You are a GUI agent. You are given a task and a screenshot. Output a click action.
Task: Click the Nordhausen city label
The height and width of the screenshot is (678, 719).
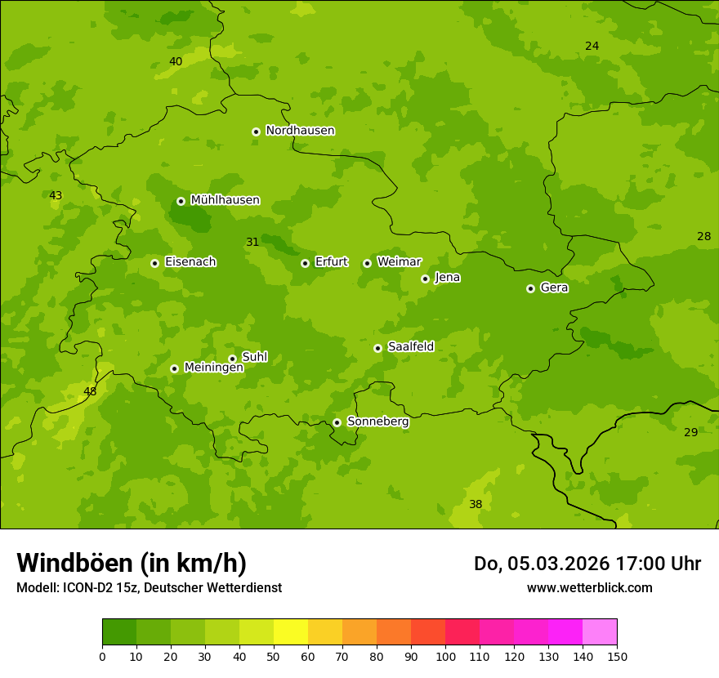300,131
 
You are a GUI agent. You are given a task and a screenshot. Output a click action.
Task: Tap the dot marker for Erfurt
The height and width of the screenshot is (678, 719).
305,263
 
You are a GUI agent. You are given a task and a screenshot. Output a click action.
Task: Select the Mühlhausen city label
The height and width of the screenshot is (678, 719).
225,200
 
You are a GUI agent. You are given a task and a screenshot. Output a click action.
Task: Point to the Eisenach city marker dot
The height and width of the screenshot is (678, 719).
154,263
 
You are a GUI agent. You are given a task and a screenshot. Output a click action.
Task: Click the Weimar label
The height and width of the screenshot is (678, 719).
399,262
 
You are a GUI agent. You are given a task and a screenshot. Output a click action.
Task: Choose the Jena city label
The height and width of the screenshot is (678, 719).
447,278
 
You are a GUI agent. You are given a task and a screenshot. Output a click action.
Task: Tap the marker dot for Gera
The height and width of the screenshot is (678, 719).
530,288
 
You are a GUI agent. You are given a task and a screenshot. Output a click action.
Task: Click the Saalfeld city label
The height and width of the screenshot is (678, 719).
410,347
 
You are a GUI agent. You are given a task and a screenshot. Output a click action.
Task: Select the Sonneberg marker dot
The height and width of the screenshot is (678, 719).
337,422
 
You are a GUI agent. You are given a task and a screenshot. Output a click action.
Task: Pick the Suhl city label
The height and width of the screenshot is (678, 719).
254,357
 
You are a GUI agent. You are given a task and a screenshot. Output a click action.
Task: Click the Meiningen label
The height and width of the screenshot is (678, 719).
213,368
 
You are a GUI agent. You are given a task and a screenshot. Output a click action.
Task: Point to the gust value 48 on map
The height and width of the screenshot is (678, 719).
90,391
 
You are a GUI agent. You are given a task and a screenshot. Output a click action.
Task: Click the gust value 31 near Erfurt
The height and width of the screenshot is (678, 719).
252,242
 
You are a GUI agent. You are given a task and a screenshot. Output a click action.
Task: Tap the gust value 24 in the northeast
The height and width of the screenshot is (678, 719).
592,46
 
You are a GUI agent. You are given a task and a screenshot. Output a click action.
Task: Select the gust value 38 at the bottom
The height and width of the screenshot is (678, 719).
476,504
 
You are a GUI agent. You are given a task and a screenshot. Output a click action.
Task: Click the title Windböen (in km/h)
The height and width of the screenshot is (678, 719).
132,563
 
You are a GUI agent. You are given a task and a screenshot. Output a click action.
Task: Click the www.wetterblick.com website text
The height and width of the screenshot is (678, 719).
589,587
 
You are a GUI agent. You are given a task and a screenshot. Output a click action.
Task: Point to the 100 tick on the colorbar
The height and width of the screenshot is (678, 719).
445,656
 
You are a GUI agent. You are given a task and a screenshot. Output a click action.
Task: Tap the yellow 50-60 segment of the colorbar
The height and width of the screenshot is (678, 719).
291,631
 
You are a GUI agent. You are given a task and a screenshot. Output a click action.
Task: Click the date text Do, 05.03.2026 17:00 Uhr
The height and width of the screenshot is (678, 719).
587,564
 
